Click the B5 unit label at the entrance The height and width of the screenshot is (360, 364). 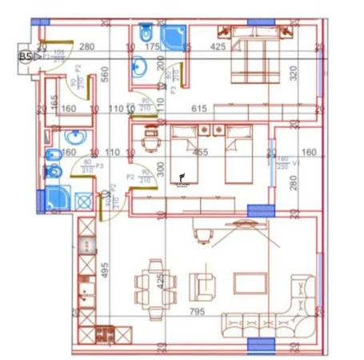(25, 56)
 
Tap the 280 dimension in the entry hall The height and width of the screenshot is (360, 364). (87, 47)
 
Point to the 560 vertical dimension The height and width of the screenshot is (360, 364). (105, 75)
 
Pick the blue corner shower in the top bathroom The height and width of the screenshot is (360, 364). (171, 37)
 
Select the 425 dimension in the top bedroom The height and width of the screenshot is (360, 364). (218, 47)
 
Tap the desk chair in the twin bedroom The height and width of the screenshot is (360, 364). (146, 142)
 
